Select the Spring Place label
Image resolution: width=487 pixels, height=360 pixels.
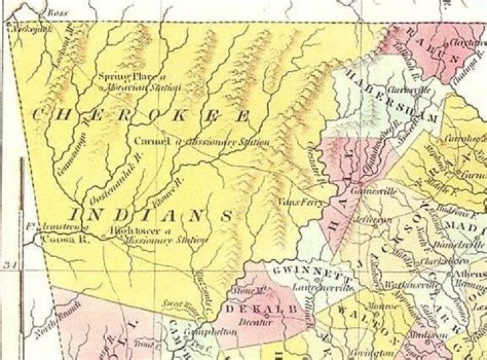click(117, 77)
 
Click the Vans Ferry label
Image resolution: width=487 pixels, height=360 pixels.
click(294, 202)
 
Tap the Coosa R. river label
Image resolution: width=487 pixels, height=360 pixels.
click(57, 239)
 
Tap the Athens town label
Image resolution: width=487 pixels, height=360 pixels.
click(471, 273)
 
